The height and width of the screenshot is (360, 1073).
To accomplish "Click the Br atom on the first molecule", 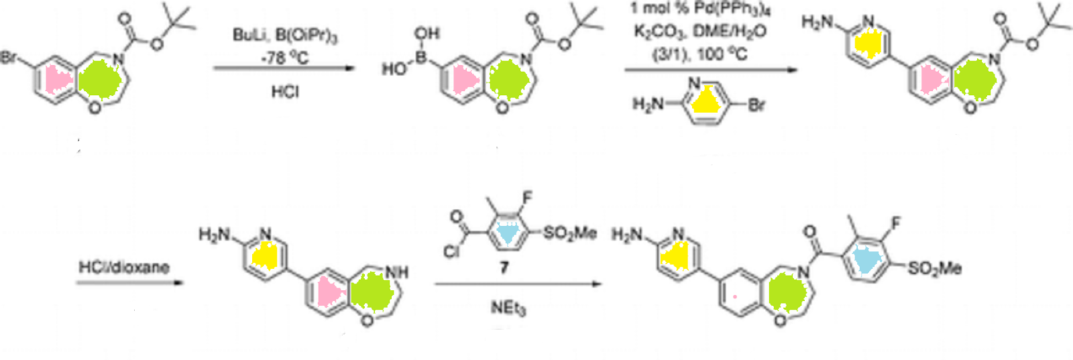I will (x=9, y=58).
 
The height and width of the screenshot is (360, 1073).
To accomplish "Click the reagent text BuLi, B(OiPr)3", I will (x=285, y=35).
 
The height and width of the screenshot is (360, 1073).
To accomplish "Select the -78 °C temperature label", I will (x=285, y=58).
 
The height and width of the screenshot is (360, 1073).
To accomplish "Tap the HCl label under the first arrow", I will (x=285, y=91).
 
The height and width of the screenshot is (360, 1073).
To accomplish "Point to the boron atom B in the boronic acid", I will (x=421, y=58).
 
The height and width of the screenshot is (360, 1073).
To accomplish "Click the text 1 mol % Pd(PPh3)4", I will (x=699, y=9).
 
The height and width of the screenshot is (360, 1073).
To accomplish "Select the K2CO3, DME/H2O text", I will (x=699, y=32).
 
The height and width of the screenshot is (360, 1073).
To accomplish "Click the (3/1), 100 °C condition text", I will (x=699, y=54).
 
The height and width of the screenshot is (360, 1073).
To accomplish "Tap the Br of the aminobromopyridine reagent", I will (x=756, y=105).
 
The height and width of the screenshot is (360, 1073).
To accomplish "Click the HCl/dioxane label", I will (x=124, y=267).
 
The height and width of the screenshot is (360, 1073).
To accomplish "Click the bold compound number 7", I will (x=504, y=267).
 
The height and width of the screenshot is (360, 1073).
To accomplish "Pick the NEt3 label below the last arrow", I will (x=508, y=308).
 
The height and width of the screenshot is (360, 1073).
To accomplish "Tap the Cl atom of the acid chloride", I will (x=451, y=252).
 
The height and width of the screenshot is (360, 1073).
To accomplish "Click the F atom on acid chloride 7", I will (x=527, y=198).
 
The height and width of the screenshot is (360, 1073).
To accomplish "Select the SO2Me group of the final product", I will (x=934, y=268).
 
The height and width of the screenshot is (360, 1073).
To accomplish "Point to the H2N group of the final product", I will (x=627, y=235).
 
